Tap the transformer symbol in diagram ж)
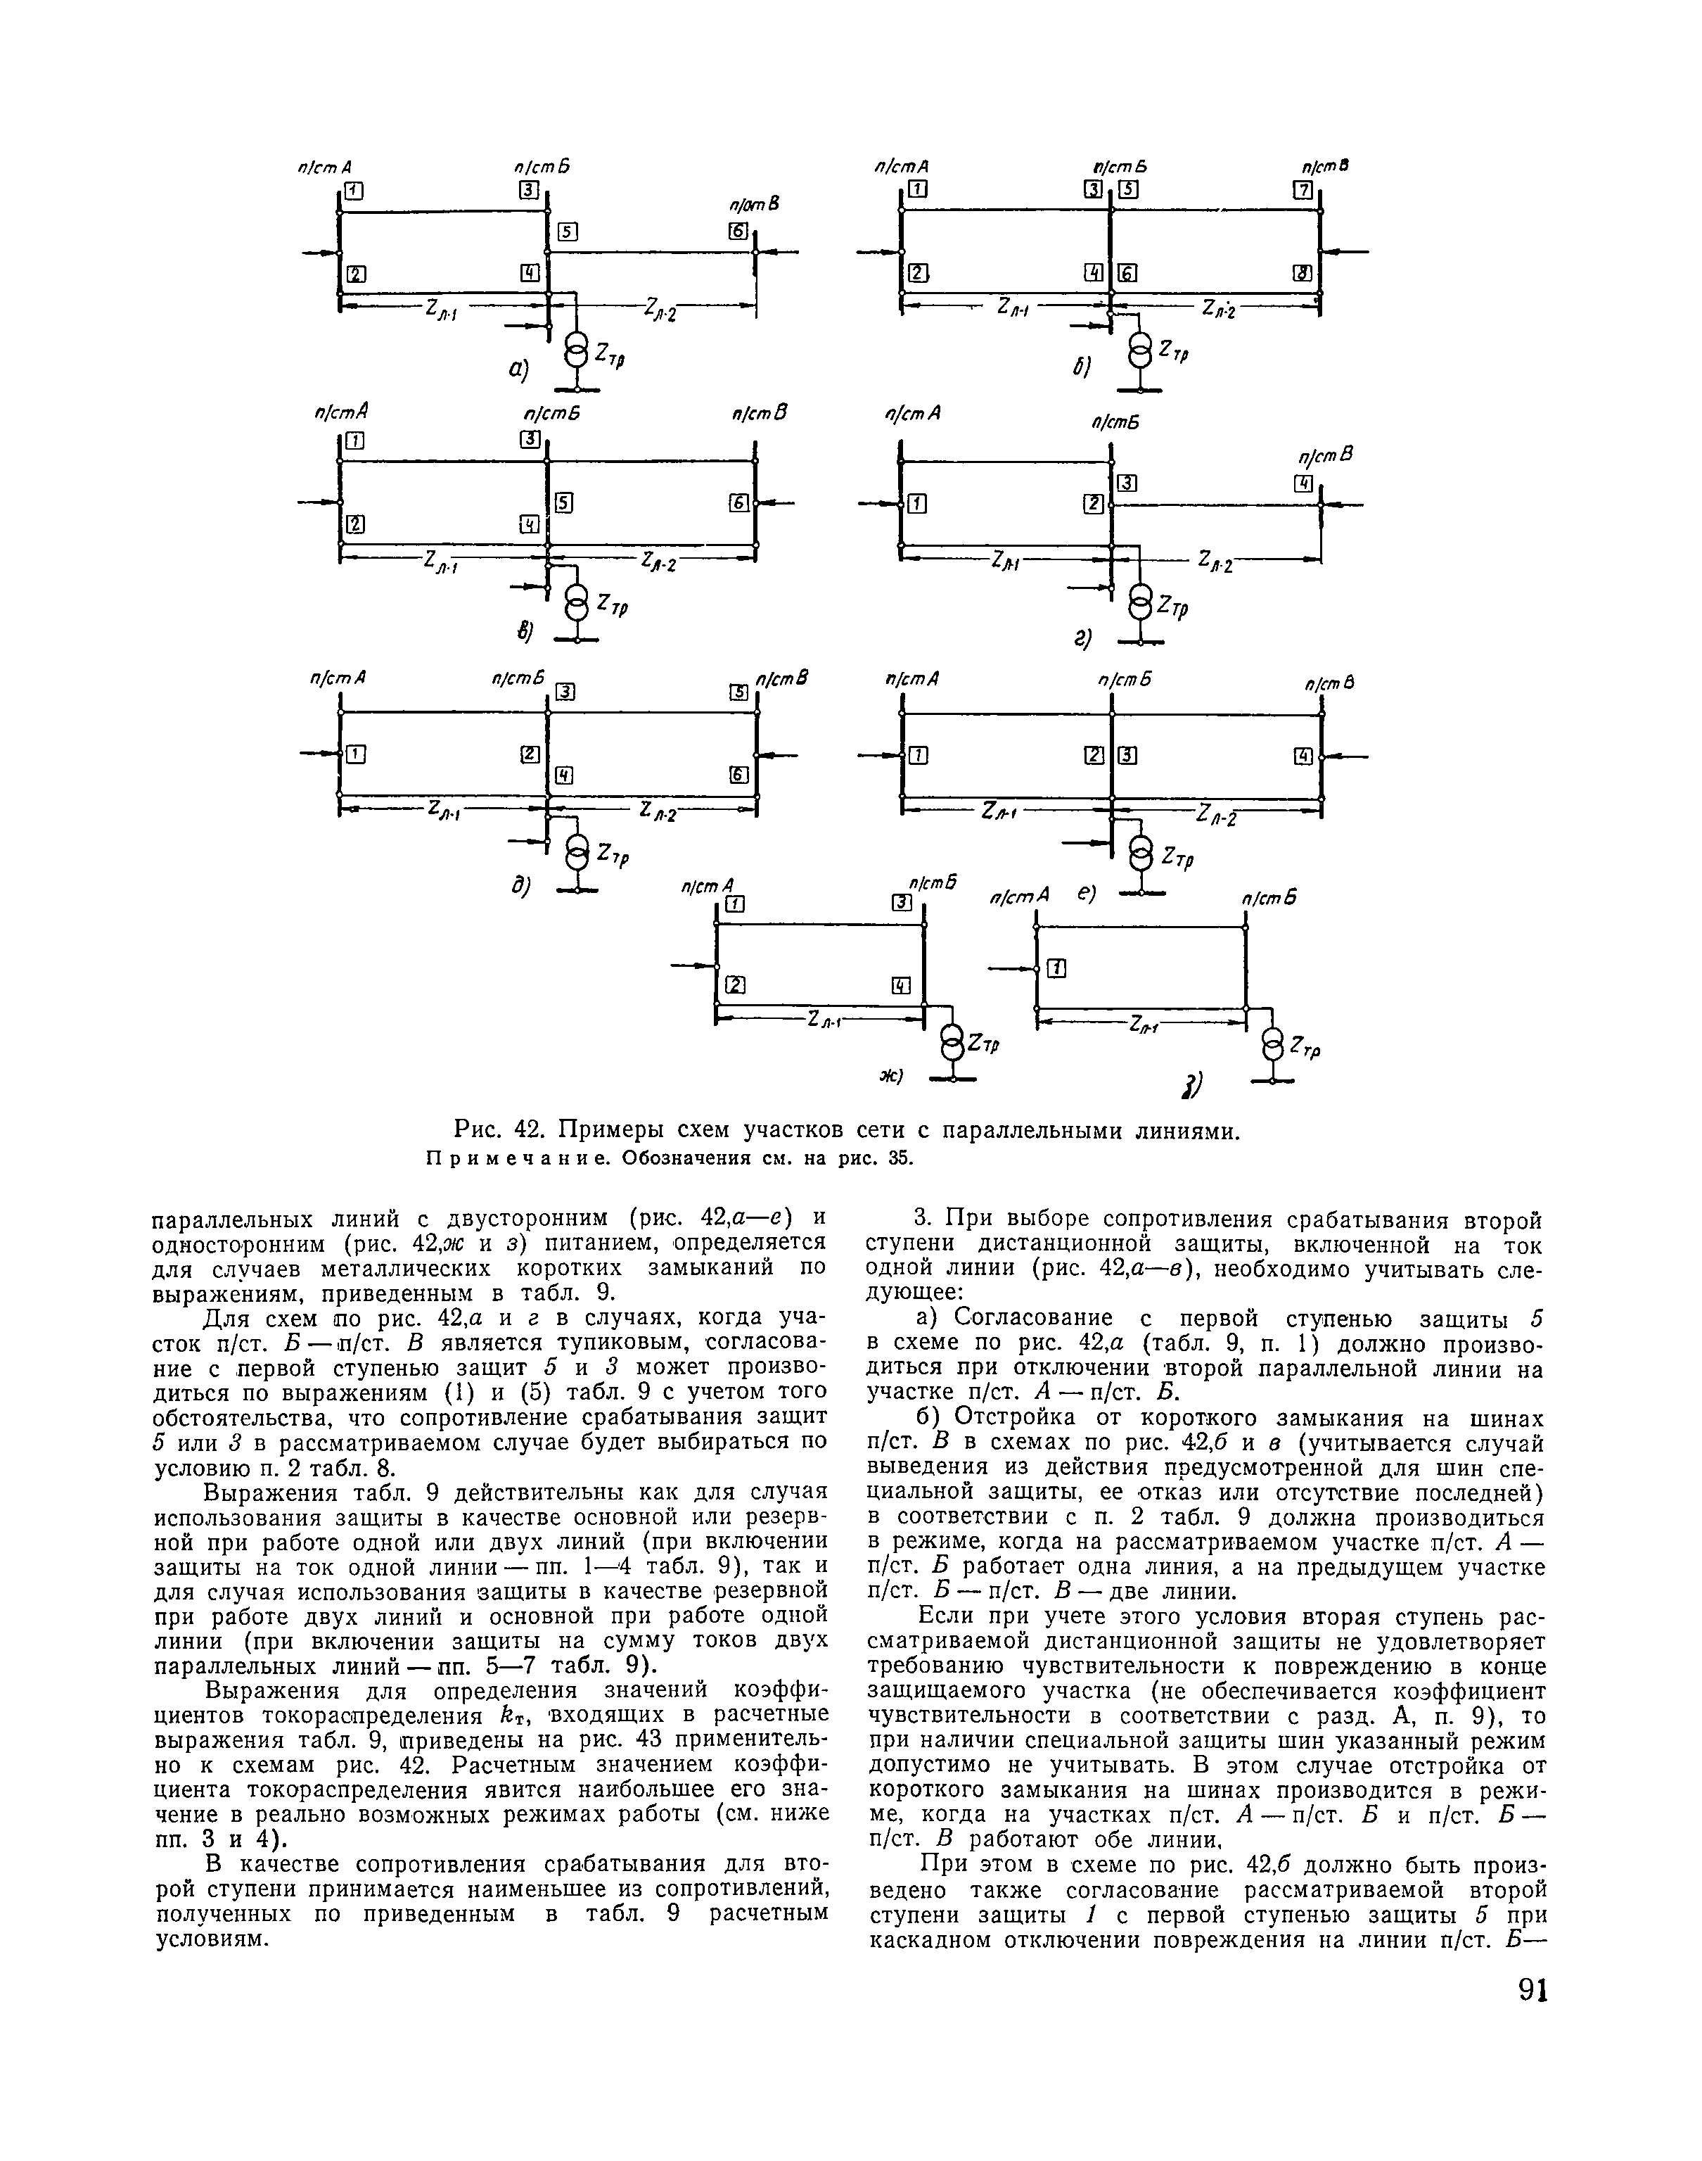pyautogui.click(x=952, y=1044)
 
